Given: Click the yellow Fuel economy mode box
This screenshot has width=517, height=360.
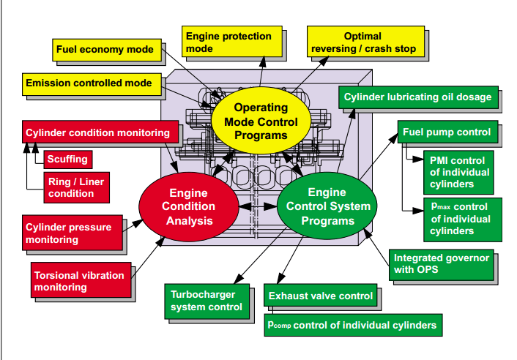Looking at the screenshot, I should [105, 50].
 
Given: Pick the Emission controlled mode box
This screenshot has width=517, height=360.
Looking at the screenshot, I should [89, 83].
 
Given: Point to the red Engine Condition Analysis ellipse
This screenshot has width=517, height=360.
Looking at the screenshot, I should [189, 207].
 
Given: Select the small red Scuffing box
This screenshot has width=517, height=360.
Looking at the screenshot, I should [67, 159].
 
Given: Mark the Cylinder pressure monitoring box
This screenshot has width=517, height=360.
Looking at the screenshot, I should [72, 233].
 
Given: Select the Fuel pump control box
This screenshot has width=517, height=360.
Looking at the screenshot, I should [447, 133].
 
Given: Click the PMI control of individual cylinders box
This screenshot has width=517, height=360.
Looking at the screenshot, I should [458, 170].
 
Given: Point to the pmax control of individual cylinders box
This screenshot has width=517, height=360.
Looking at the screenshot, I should [458, 218].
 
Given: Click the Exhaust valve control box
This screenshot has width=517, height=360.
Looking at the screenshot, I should [321, 296].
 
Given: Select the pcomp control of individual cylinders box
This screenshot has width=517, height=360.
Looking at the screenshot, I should [352, 325].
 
